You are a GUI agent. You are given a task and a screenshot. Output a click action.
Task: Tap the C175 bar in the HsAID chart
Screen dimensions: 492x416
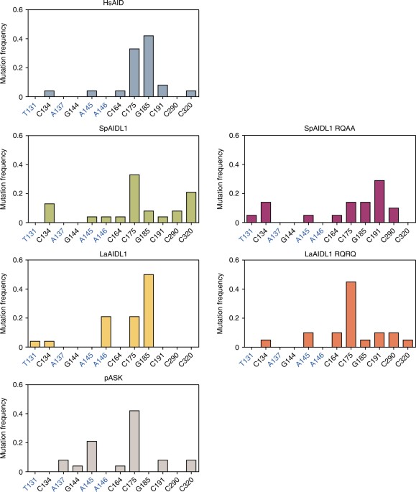pyautogui.click(x=134, y=73)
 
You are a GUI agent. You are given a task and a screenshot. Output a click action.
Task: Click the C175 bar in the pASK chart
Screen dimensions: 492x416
pyautogui.click(x=134, y=441)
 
